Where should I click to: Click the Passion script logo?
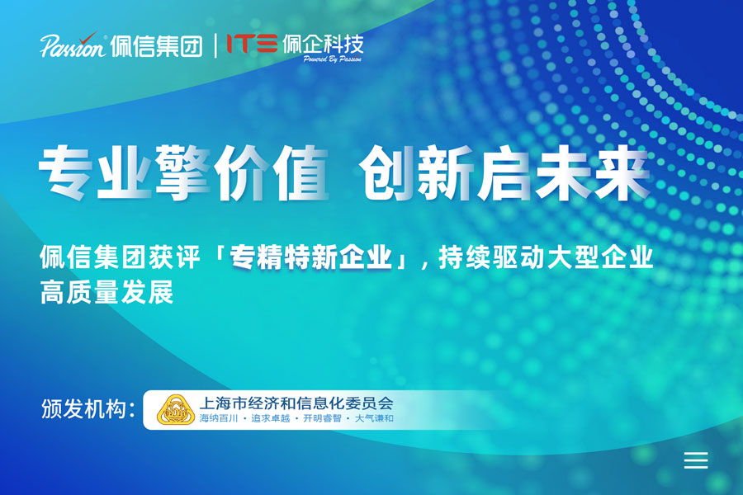(73, 45)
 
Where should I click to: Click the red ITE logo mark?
(252, 44)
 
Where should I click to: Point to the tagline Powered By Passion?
(333, 60)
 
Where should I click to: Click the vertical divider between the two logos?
(215, 45)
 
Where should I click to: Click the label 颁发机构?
(88, 409)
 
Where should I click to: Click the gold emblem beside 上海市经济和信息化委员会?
(175, 410)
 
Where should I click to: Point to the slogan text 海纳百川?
(219, 419)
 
